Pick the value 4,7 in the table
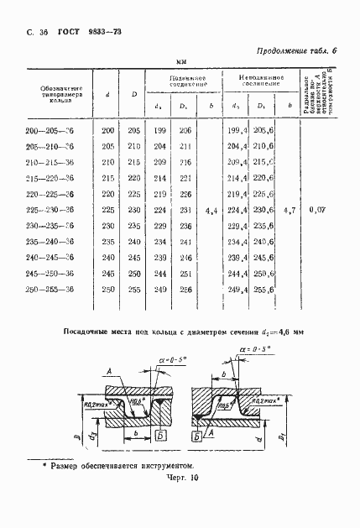point(290,209)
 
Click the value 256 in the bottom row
point(185,289)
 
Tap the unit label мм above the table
point(180,61)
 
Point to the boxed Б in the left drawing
point(159,437)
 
